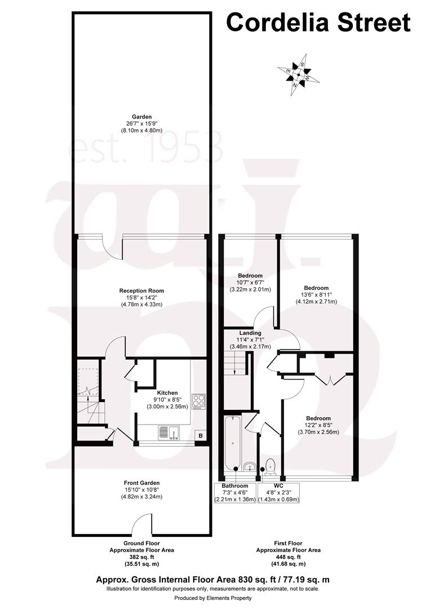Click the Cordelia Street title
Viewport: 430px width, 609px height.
[318, 23]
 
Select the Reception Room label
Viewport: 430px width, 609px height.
[141, 291]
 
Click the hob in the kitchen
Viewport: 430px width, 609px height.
[198, 400]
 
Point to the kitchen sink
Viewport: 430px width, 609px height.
[169, 433]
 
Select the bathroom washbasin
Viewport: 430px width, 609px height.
[249, 466]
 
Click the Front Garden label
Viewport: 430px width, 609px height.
[141, 483]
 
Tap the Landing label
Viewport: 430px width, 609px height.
[250, 333]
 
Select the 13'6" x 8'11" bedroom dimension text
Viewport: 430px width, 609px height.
[316, 294]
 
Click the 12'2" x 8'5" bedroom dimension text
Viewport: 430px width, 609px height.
[318, 425]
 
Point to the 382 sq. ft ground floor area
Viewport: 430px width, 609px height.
[141, 557]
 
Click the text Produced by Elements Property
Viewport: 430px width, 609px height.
[213, 598]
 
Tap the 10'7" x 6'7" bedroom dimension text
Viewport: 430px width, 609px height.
[250, 283]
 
